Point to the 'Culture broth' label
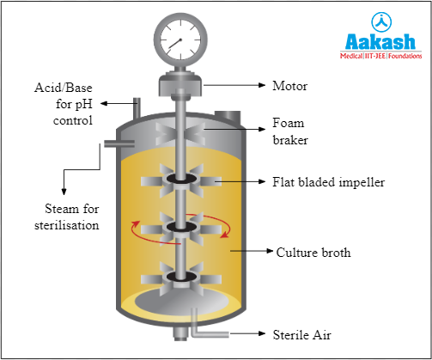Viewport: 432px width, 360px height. click(313, 253)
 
